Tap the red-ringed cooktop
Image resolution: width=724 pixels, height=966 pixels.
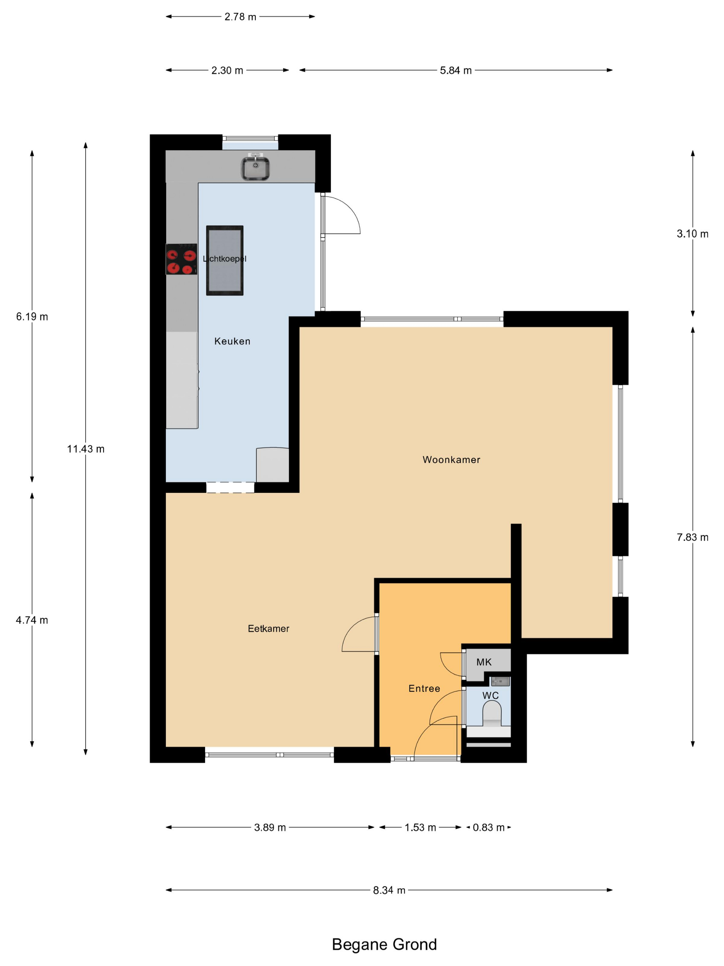(x=181, y=259)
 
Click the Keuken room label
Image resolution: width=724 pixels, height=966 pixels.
(x=232, y=341)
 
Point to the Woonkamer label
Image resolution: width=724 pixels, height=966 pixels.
(x=451, y=460)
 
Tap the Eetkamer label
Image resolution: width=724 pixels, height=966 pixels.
(x=268, y=629)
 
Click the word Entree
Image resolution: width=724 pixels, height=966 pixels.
(x=424, y=688)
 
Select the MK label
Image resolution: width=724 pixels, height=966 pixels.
(x=484, y=662)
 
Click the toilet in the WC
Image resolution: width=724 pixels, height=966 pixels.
(x=492, y=714)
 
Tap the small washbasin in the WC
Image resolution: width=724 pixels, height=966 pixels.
(x=501, y=682)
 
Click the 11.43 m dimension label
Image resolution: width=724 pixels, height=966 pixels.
(x=86, y=448)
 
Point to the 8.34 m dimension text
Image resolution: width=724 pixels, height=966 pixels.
(x=389, y=890)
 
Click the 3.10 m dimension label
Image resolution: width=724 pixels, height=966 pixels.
(x=693, y=234)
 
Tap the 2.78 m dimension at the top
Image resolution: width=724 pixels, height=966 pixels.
(x=240, y=17)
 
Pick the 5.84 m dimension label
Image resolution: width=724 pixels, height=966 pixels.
(x=456, y=70)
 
